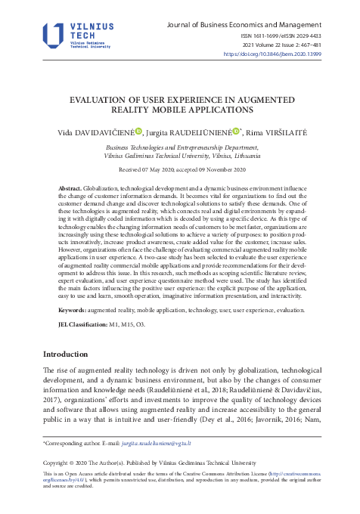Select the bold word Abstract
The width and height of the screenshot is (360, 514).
click(x=70, y=187)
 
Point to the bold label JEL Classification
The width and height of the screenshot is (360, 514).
click(x=85, y=324)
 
